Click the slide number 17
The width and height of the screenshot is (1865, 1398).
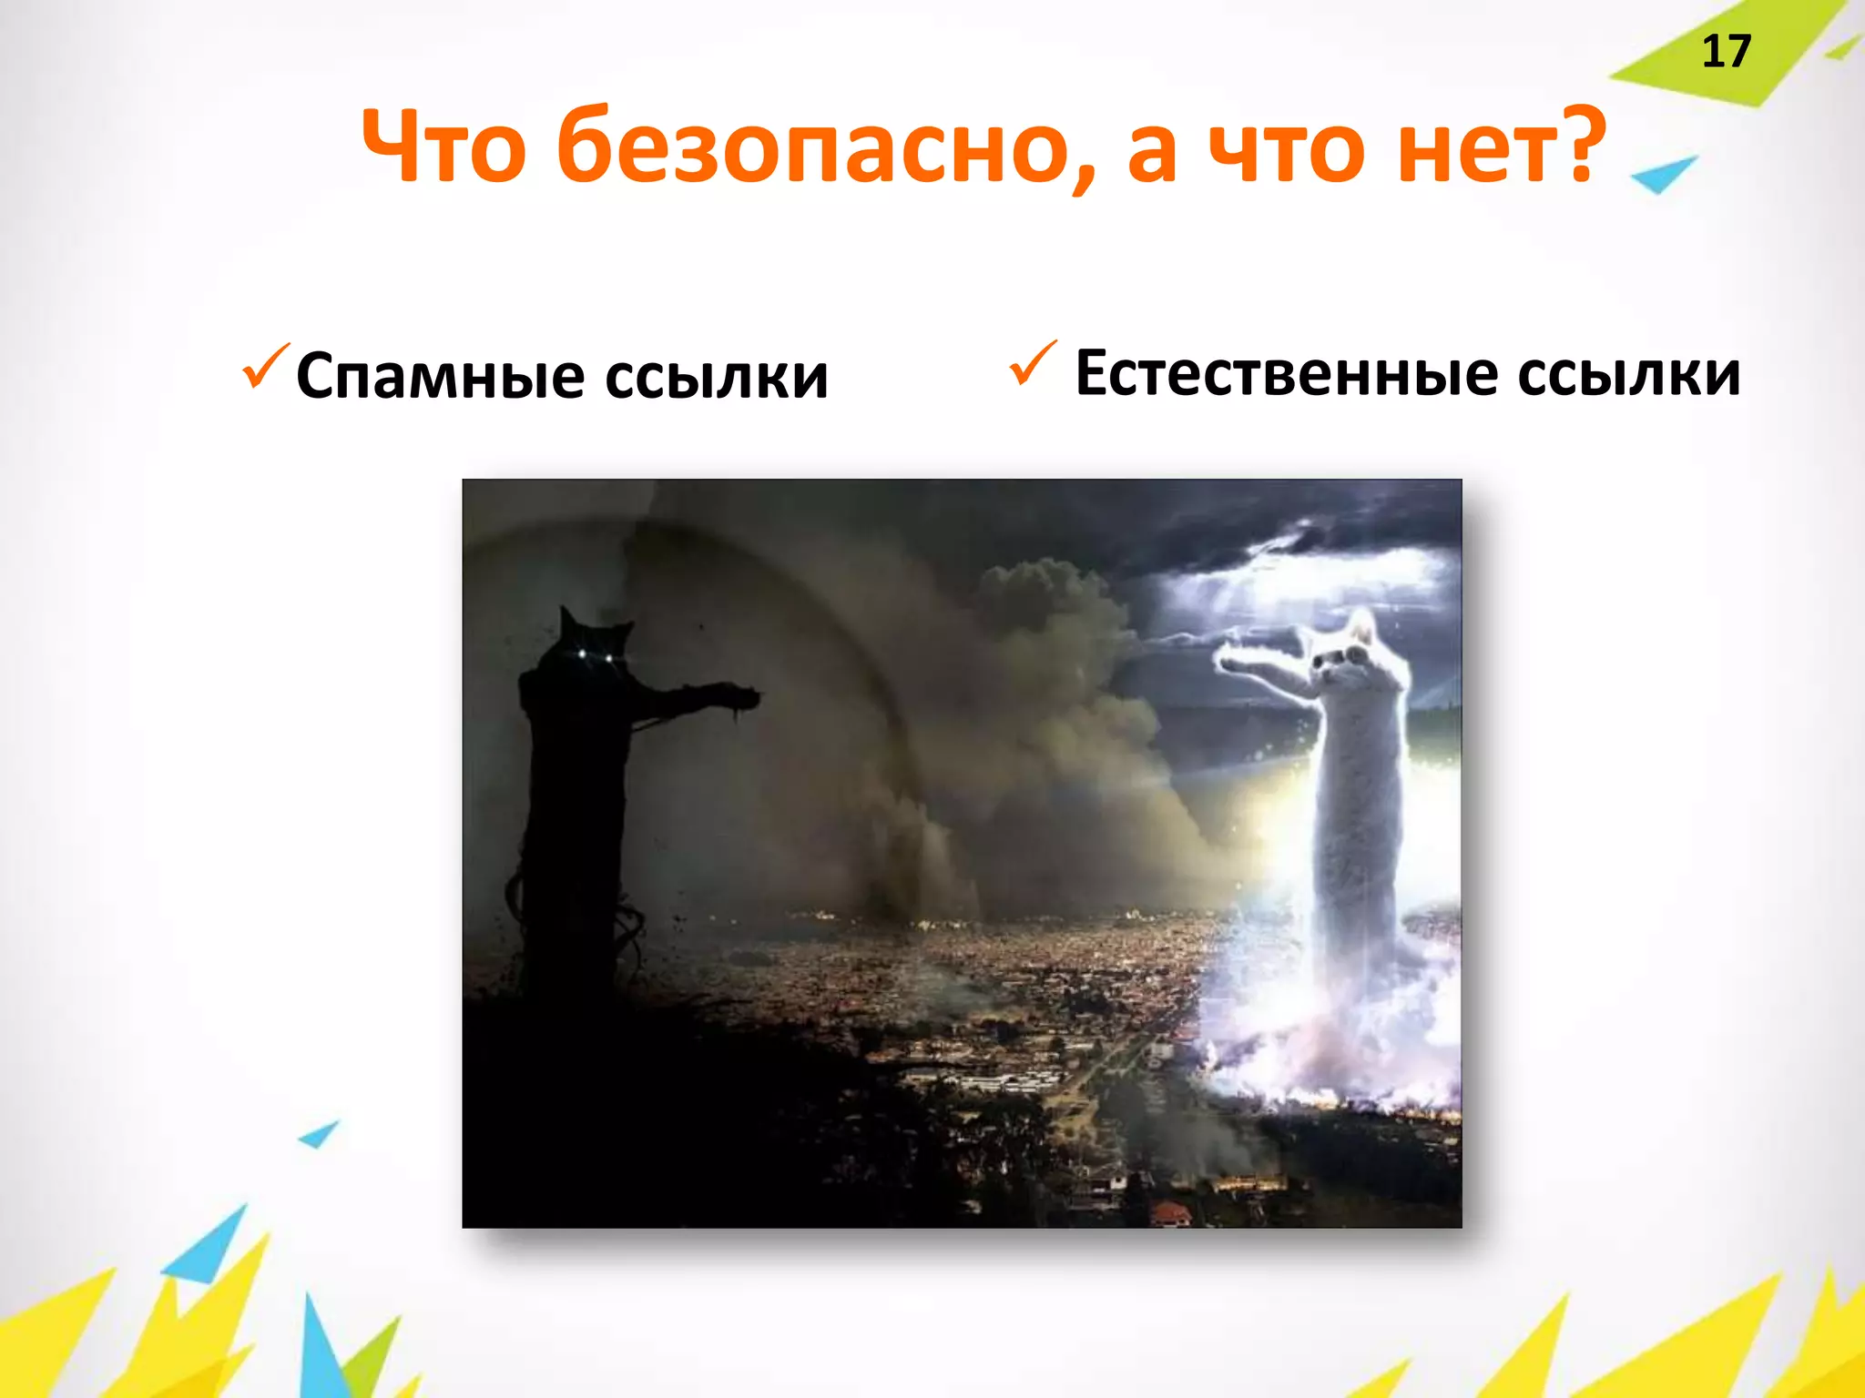click(1726, 52)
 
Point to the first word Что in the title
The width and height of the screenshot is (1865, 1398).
click(443, 146)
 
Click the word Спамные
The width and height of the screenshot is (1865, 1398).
click(441, 376)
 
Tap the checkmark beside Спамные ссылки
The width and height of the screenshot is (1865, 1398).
click(265, 366)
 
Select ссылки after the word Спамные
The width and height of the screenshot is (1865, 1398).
click(717, 376)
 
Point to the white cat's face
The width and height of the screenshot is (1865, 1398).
click(1342, 659)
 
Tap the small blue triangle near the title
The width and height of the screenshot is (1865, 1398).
click(1663, 173)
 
